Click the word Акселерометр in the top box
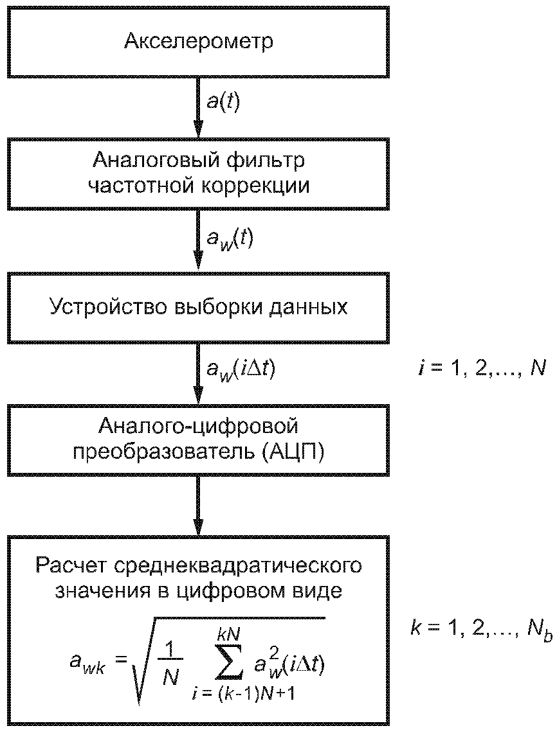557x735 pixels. pos(199,41)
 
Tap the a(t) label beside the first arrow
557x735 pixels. pos(223,102)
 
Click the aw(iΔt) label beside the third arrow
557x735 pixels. pos(241,370)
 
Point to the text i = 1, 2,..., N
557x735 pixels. pos(481,369)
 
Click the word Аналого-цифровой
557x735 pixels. pos(199,427)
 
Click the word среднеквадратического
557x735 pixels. pos(238,566)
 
